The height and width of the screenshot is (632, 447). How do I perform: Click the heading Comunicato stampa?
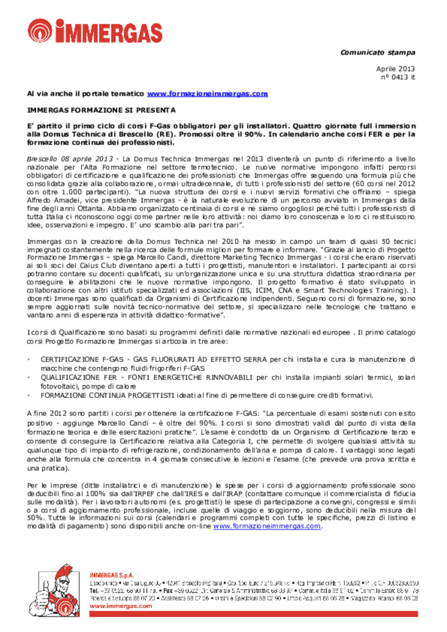[378, 53]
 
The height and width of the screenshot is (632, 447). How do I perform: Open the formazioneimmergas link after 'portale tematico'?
[207, 94]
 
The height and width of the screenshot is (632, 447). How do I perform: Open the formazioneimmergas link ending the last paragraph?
[266, 526]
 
